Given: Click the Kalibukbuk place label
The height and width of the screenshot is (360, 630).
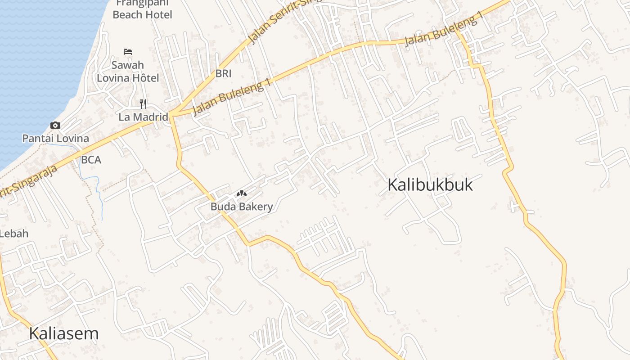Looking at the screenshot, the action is coord(430,185).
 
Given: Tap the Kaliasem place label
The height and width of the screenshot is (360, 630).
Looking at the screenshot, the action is coord(63,333).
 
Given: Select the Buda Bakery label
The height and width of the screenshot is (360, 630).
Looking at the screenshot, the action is coord(242,207).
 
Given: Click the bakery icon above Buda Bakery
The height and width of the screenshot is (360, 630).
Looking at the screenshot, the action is coord(242,194).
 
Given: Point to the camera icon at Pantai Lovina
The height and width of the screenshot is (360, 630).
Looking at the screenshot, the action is coord(55,126).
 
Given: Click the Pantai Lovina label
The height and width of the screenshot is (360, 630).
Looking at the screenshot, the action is coord(55,138).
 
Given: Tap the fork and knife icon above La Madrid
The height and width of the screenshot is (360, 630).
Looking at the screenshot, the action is coord(143,104).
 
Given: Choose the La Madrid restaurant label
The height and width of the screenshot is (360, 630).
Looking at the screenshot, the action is coord(143,117).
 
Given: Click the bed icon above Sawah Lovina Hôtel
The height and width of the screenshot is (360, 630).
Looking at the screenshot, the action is coord(128,52).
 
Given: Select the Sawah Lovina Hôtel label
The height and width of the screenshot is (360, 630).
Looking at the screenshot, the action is coord(128,71).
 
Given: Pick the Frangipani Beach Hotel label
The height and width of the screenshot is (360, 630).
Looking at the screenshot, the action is coord(142,9).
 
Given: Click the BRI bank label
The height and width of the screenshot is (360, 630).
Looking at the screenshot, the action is coord(223,74).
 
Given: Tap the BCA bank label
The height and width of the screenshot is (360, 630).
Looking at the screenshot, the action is coord(91,160).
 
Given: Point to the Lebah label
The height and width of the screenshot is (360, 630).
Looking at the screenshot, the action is coord(14,234).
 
